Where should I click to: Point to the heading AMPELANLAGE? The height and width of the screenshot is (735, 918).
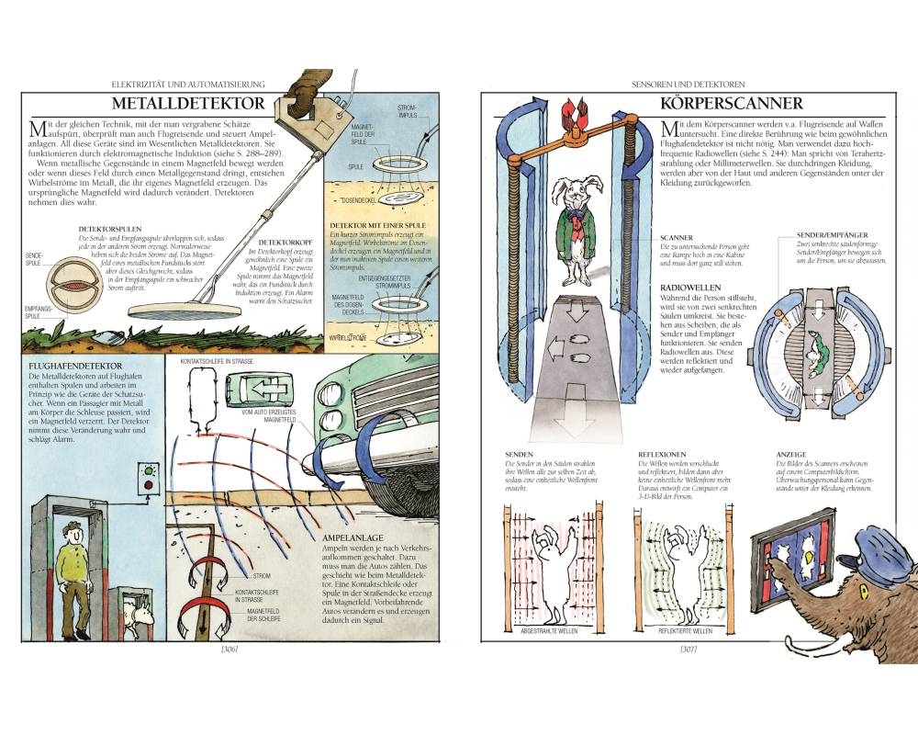pos(352,537)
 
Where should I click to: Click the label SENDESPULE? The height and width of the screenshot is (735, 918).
pos(34,260)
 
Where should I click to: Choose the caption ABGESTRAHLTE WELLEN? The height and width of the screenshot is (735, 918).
pos(549,633)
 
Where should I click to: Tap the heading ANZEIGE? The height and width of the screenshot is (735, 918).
pos(790,454)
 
